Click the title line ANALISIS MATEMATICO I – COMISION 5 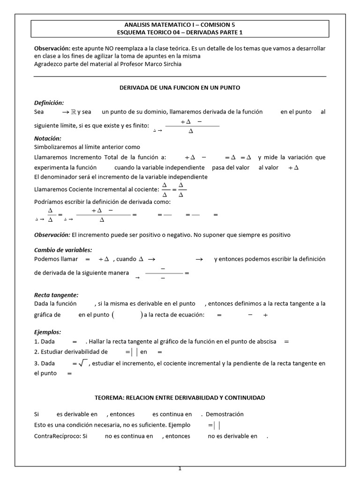click(x=180, y=25)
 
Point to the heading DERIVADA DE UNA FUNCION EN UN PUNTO click(x=180, y=88)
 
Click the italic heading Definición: click(x=49, y=103)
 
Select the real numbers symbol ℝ click(x=73, y=112)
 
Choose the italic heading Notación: click(x=48, y=139)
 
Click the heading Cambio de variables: click(x=63, y=250)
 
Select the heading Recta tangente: click(x=56, y=295)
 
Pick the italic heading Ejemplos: click(x=48, y=332)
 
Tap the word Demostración click(x=225, y=414)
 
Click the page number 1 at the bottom click(x=180, y=468)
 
